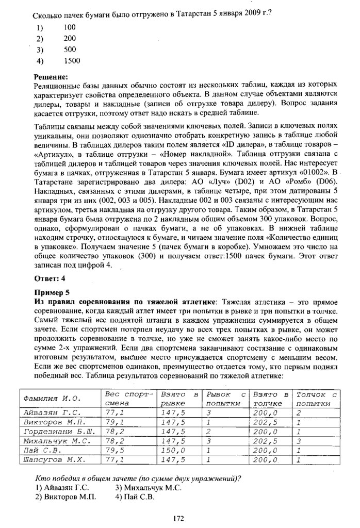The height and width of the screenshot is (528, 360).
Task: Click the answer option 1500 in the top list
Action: [x=72, y=61]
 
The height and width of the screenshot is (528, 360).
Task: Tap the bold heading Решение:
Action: [x=51, y=76]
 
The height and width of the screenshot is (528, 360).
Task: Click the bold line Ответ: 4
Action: [x=50, y=279]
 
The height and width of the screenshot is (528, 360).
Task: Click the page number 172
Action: [x=179, y=518]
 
